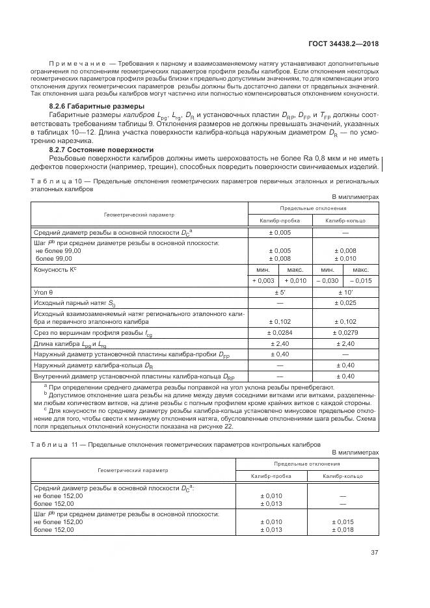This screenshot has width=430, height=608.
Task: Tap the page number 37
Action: click(374, 553)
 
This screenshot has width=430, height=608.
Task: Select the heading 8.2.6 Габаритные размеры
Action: click(89, 106)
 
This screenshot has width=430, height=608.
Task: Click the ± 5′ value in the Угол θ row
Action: click(279, 293)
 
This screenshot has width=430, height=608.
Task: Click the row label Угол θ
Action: click(44, 293)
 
